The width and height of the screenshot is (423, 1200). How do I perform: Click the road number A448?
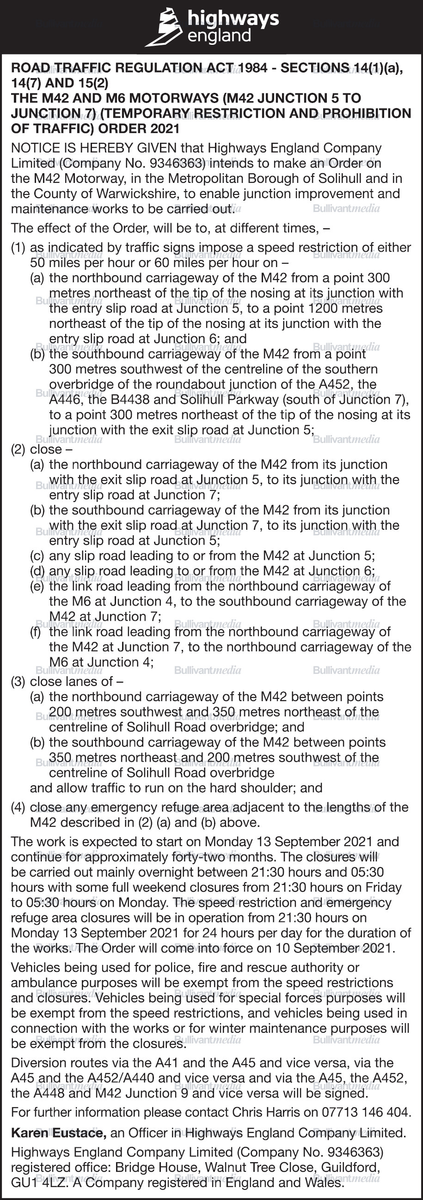pos(50,1093)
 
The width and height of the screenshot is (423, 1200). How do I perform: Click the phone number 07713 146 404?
pos(367,1112)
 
